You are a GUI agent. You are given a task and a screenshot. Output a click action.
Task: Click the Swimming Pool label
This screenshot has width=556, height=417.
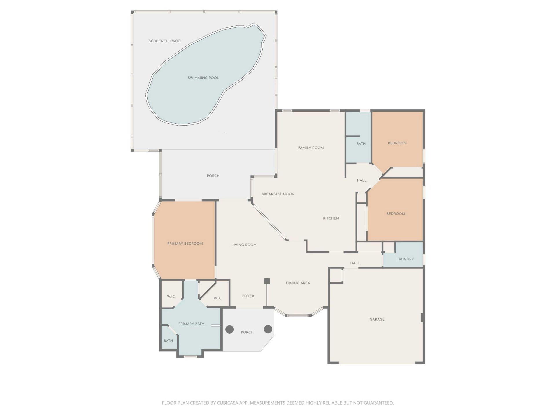tap(203, 78)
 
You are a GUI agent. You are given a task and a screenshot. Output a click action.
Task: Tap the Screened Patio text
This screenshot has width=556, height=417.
tap(164, 41)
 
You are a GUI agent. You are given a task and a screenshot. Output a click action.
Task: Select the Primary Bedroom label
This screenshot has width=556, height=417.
tap(185, 244)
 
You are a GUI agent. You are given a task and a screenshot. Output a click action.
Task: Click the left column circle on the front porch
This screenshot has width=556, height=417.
tap(230, 329)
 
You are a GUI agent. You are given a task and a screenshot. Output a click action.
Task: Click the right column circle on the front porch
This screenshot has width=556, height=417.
tap(268, 329)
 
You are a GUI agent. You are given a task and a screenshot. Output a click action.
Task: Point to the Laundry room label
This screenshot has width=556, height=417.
tap(405, 259)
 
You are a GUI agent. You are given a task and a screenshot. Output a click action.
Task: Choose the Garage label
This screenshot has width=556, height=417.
tap(377, 319)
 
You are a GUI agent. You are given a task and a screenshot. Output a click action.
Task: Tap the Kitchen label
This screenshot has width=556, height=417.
tap(331, 218)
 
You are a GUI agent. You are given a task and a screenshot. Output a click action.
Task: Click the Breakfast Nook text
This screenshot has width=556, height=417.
tap(278, 194)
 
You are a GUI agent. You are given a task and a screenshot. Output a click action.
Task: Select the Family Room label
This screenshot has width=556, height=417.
tap(311, 148)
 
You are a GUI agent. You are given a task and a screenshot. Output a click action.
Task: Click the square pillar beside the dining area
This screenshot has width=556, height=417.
tap(267, 281)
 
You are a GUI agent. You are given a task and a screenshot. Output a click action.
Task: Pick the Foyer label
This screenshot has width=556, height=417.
tap(248, 296)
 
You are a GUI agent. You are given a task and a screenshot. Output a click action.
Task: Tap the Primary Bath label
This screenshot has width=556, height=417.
tap(191, 324)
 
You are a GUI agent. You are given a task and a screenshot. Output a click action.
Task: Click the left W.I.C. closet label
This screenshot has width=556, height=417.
tap(171, 297)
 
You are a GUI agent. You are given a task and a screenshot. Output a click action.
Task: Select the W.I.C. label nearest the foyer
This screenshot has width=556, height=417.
tap(218, 298)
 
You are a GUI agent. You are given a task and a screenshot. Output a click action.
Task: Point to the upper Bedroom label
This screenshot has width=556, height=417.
tap(397, 143)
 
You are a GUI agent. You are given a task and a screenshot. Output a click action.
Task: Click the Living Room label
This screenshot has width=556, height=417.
tap(244, 245)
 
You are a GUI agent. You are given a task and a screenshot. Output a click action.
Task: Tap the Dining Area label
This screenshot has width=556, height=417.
tap(298, 283)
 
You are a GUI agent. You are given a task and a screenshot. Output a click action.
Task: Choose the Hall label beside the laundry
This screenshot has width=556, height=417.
tap(355, 263)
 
